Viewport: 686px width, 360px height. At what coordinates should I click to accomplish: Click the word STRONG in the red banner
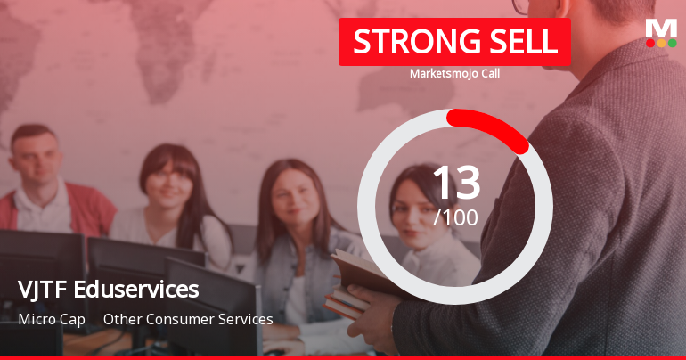pyautogui.click(x=406, y=43)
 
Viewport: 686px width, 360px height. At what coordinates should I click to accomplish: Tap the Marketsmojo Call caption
pyautogui.click(x=454, y=73)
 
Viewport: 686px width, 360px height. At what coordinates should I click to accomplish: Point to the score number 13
pyautogui.click(x=455, y=184)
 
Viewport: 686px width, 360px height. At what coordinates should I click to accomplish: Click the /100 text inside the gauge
pyautogui.click(x=455, y=217)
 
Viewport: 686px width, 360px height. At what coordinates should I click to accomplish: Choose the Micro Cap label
pyautogui.click(x=52, y=318)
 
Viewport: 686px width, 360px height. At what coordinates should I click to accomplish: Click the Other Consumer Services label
pyautogui.click(x=188, y=318)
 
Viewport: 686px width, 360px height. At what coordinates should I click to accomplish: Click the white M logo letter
pyautogui.click(x=661, y=28)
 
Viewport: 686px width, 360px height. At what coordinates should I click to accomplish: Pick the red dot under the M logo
pyautogui.click(x=650, y=43)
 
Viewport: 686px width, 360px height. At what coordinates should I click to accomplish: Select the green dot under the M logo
pyautogui.click(x=672, y=43)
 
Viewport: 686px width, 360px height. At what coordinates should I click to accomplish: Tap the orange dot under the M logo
pyautogui.click(x=661, y=43)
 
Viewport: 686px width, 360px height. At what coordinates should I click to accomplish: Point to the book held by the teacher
pyautogui.click(x=361, y=283)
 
